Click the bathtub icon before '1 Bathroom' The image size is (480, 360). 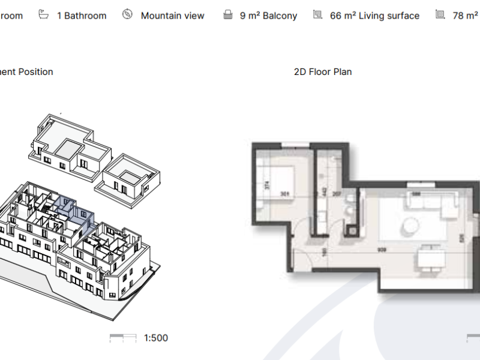tap(44, 15)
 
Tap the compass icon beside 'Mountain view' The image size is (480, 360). tap(127, 15)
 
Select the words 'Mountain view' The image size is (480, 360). tap(172, 16)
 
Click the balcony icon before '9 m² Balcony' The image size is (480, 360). tap(227, 15)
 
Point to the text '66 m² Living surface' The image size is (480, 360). tap(374, 16)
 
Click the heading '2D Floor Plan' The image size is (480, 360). tap(323, 72)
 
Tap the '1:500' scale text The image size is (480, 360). tap(156, 338)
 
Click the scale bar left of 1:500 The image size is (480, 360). tap(123, 338)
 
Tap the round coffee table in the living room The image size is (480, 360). tap(411, 226)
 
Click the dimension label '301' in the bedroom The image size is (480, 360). tap(285, 194)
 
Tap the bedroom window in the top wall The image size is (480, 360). tap(296, 143)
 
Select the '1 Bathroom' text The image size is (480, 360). tap(82, 16)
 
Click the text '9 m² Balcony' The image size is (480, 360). tap(268, 16)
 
